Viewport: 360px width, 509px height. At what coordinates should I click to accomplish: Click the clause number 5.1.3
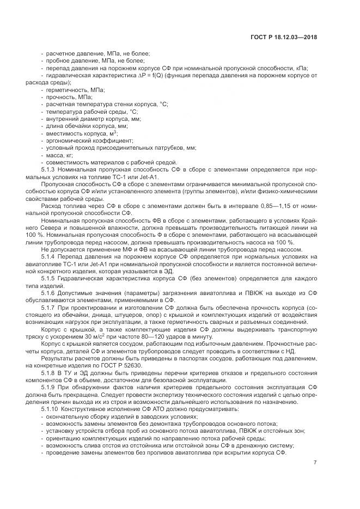(49, 170)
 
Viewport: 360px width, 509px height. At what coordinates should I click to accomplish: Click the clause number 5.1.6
(49, 292)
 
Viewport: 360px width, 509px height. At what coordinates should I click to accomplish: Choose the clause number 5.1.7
(49, 308)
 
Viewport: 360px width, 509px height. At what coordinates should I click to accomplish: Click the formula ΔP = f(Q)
(149, 76)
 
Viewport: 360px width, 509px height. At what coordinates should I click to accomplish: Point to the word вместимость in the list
(64, 133)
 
